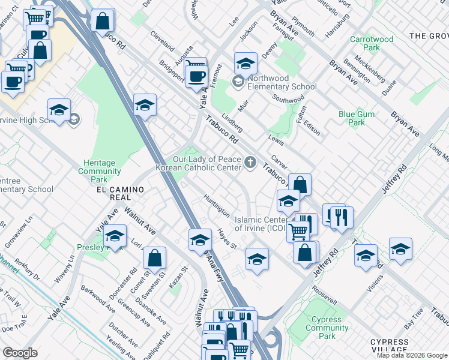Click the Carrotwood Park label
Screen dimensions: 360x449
point(372,43)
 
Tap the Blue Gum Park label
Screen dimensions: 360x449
point(356,118)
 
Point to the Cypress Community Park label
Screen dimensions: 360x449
point(327,328)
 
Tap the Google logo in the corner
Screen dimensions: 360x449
point(20,352)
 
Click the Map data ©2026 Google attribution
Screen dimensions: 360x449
point(412,355)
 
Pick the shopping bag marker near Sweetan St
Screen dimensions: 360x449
point(155,258)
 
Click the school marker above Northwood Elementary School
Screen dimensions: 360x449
point(246,64)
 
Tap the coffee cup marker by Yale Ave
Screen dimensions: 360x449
point(196,76)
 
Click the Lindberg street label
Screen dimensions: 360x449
point(232,123)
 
